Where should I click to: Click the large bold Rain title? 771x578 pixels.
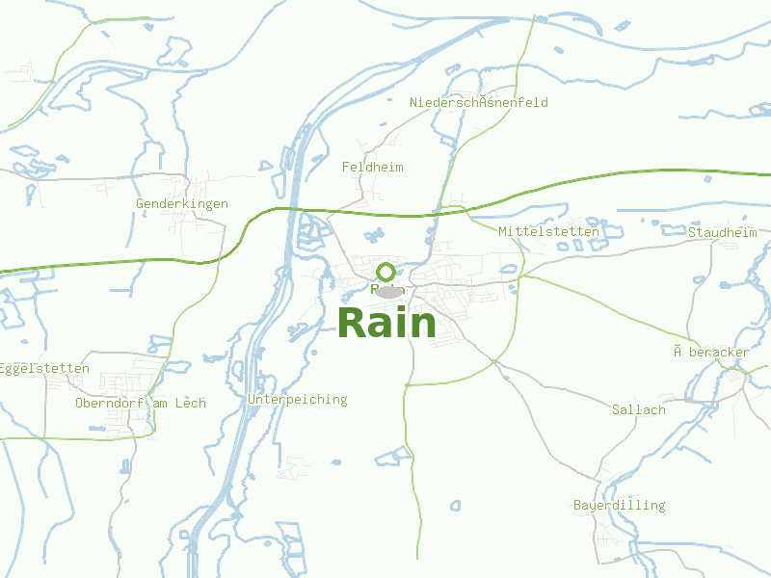[386, 323]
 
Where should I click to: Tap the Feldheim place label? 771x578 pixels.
[372, 167]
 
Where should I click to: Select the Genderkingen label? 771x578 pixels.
[182, 203]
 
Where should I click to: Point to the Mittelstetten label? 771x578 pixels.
[548, 231]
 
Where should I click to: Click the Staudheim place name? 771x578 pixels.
[722, 232]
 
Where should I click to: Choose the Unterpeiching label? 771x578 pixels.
[297, 399]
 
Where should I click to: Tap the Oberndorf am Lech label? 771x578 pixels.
[141, 403]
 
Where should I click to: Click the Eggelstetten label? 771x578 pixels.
[44, 368]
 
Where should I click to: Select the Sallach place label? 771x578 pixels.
[638, 409]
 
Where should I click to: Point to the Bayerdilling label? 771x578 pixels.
[619, 505]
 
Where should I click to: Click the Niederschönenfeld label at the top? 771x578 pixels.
[478, 102]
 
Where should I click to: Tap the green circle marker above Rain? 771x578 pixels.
[386, 272]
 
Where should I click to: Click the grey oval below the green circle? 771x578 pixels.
[387, 291]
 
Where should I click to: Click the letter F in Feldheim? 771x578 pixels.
[346, 167]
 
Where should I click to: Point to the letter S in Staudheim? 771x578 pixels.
[692, 232]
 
